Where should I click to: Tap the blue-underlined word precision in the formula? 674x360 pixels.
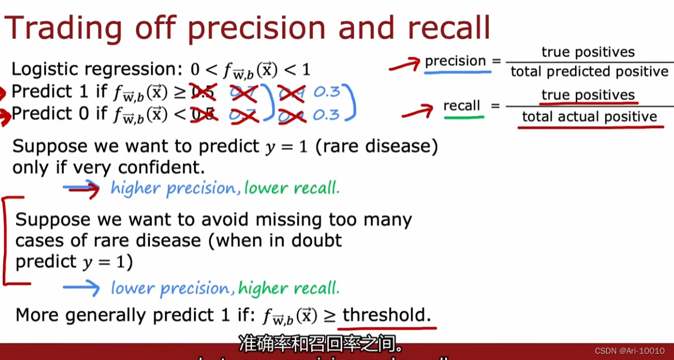pyautogui.click(x=455, y=61)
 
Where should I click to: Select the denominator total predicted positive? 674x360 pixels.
pyautogui.click(x=589, y=72)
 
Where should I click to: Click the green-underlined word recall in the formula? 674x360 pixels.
pyautogui.click(x=462, y=106)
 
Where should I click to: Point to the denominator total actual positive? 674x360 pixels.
pyautogui.click(x=589, y=117)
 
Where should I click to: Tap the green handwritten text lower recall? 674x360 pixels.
pyautogui.click(x=292, y=188)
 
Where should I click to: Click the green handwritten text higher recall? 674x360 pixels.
pyautogui.click(x=289, y=288)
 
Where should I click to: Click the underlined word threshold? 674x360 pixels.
pyautogui.click(x=387, y=315)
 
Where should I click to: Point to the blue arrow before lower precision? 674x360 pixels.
pyautogui.click(x=81, y=288)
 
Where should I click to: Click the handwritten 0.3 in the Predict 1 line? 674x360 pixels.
pyautogui.click(x=327, y=92)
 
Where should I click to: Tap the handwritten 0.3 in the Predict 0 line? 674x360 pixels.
pyautogui.click(x=327, y=114)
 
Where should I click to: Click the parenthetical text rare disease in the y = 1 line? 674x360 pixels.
pyautogui.click(x=380, y=147)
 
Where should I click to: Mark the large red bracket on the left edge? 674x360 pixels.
pyautogui.click(x=7, y=240)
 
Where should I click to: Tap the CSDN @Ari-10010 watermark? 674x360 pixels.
pyautogui.click(x=629, y=351)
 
